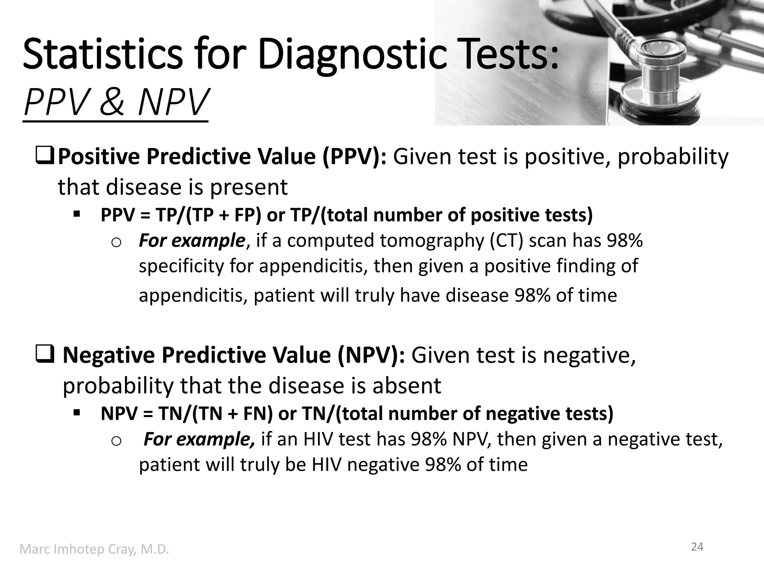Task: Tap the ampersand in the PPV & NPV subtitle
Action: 111,102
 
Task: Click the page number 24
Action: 697,547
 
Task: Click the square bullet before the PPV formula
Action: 77,215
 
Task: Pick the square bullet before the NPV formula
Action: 77,413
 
